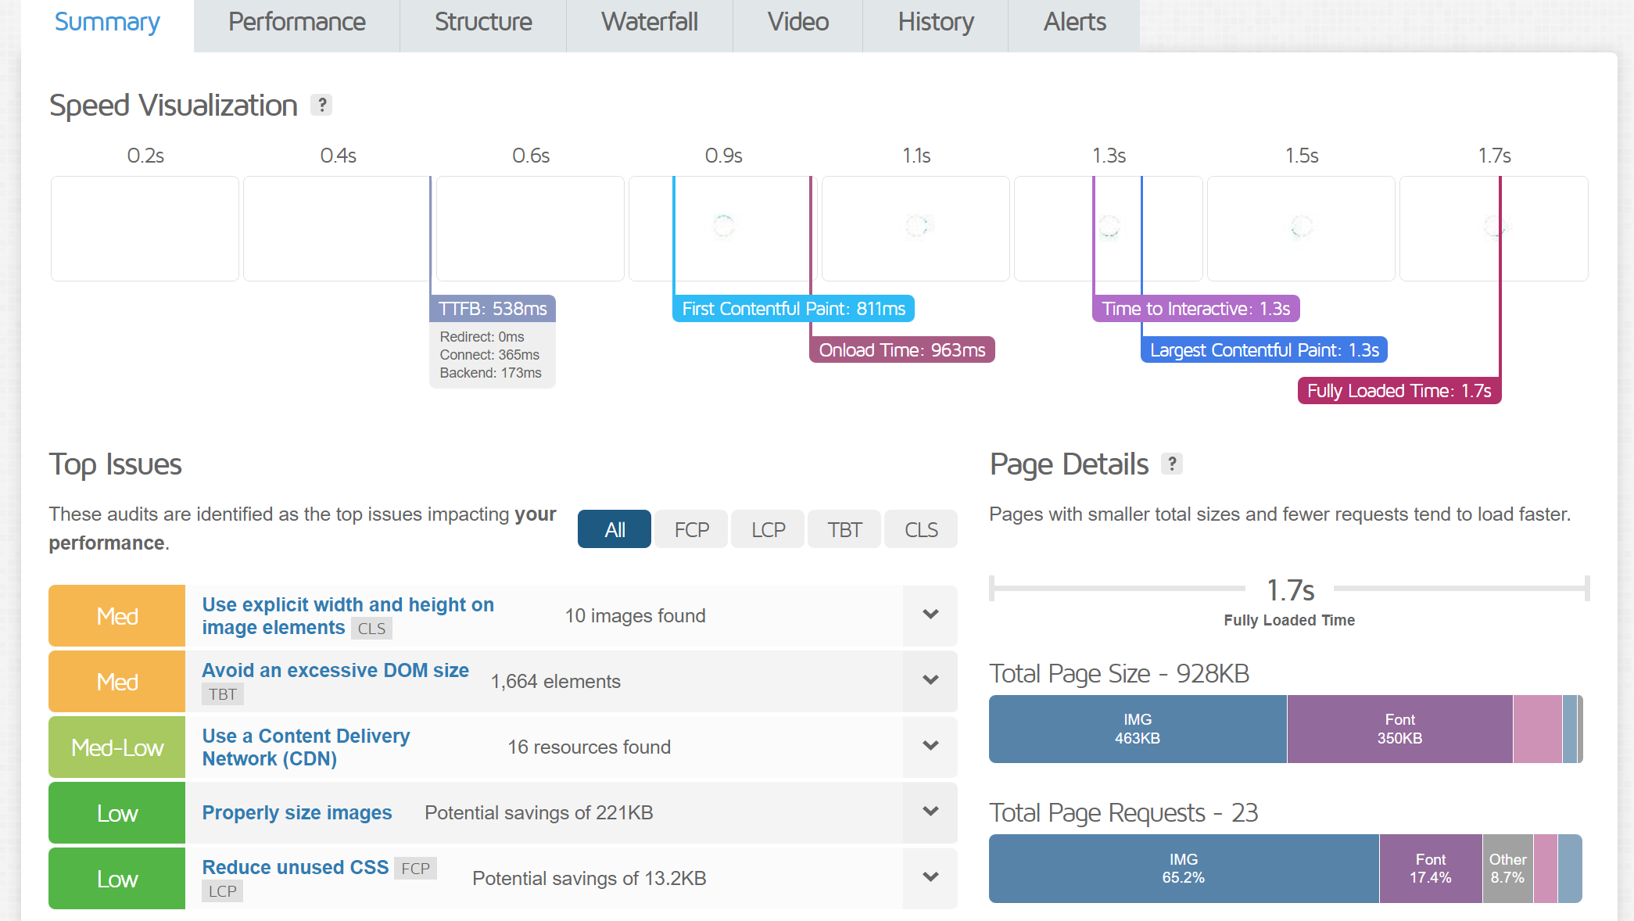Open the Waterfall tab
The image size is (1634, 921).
(x=650, y=23)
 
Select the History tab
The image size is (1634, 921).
(x=936, y=23)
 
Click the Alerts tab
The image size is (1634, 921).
(x=1074, y=23)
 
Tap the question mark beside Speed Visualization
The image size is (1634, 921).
(x=321, y=105)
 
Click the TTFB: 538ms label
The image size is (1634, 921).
(x=493, y=309)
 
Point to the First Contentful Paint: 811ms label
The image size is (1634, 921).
(x=794, y=309)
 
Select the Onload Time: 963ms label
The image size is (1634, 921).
(x=902, y=350)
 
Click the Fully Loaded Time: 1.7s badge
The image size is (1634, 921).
(x=1399, y=391)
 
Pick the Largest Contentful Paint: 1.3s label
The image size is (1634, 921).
(x=1264, y=350)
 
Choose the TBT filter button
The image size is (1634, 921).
(x=844, y=529)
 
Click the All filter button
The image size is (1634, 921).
(x=615, y=529)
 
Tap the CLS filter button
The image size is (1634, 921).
(x=921, y=529)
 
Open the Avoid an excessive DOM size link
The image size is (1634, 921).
(x=335, y=671)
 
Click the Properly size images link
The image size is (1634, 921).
(x=297, y=813)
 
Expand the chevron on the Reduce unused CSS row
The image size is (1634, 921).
(x=930, y=877)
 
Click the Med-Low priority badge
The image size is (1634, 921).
(x=117, y=747)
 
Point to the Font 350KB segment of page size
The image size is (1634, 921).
(x=1399, y=729)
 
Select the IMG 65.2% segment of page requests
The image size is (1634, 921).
(x=1184, y=869)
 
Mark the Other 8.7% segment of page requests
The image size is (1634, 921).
(x=1507, y=869)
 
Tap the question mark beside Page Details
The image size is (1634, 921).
(x=1171, y=464)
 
